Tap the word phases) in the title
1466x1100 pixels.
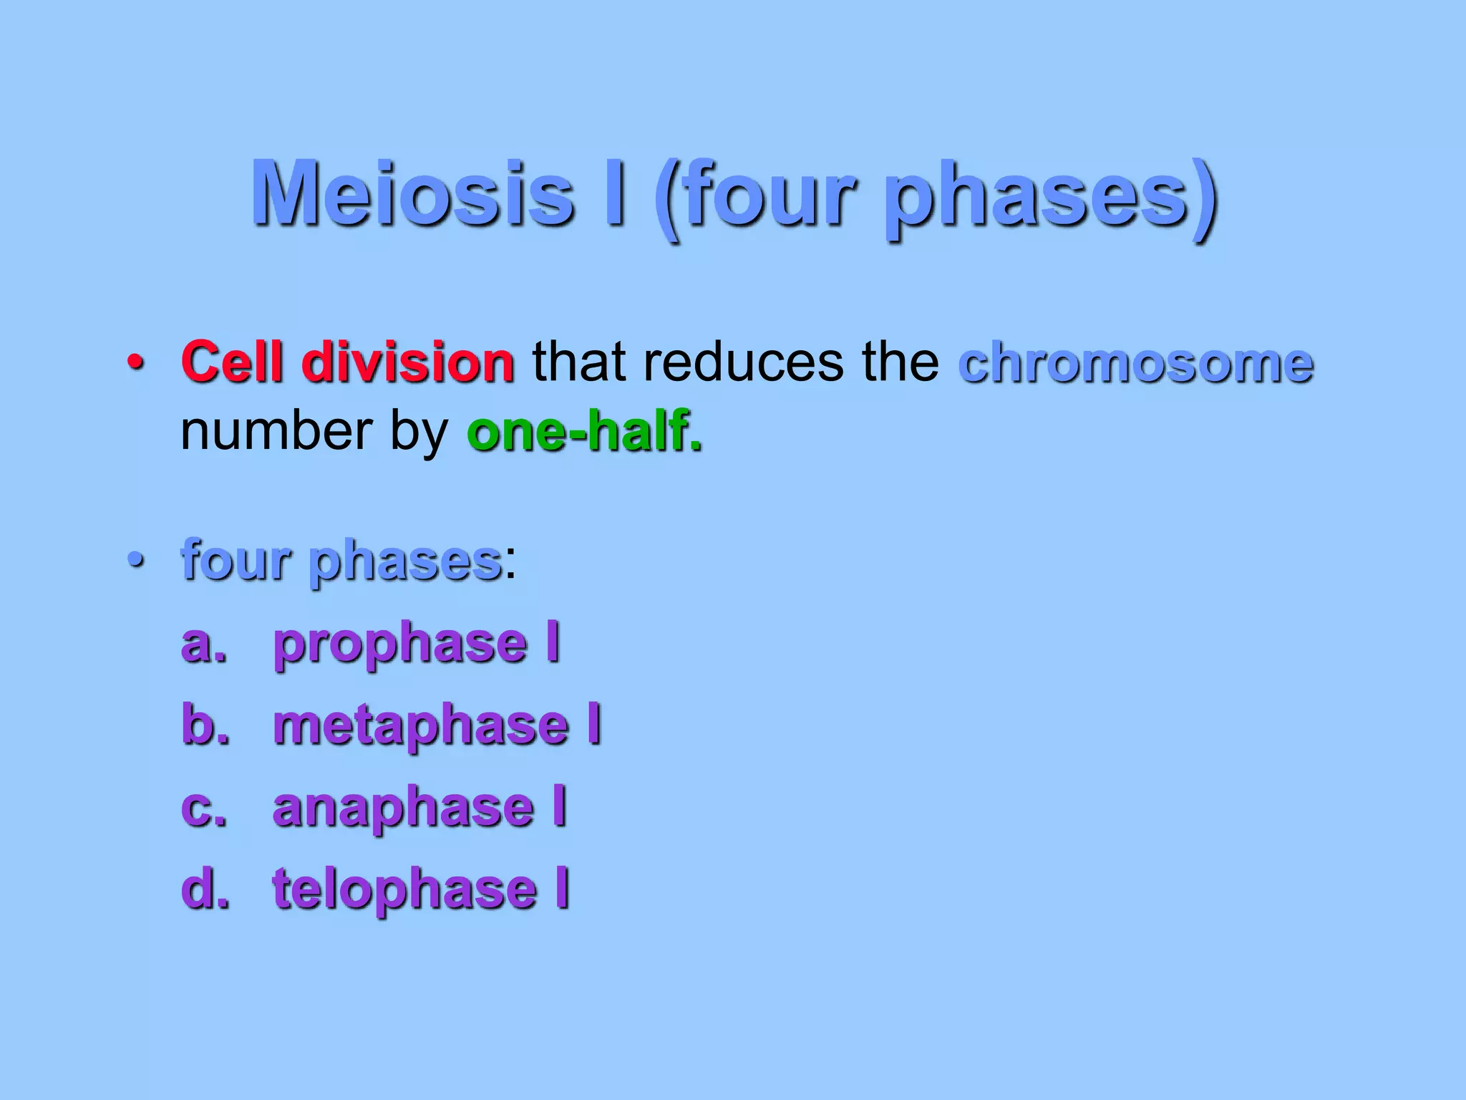coord(1051,197)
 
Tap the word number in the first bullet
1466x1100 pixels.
coord(276,432)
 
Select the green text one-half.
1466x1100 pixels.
coord(584,432)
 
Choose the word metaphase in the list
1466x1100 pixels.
coord(422,726)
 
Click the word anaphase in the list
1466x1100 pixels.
coord(404,808)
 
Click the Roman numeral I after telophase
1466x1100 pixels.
coord(563,888)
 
